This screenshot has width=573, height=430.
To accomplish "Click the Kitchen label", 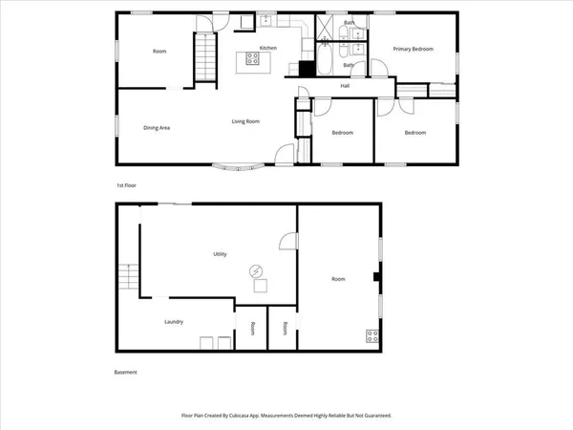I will (268, 47).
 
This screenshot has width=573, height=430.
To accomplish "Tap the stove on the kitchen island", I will (254, 57).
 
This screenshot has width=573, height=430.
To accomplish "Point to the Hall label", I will (344, 86).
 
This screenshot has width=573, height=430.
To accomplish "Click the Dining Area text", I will (157, 127).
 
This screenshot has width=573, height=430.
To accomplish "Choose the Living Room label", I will (247, 121).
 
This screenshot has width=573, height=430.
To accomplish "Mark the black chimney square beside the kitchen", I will (307, 68).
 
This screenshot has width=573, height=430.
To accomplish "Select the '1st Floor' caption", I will (127, 184).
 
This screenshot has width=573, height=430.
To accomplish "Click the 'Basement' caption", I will (126, 373).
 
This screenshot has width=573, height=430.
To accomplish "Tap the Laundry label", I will (174, 322).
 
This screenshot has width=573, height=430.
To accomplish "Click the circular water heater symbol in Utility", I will (256, 270).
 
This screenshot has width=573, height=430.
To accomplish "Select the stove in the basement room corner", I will (372, 335).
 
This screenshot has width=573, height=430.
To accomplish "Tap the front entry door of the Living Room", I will (283, 153).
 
